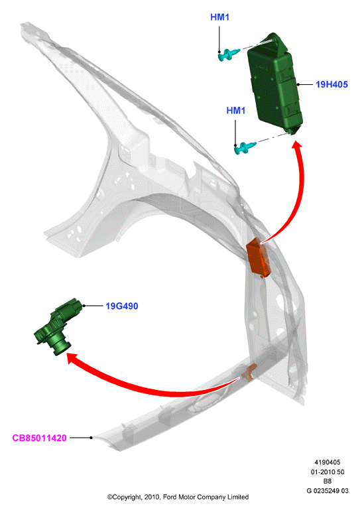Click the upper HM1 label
click(219, 17)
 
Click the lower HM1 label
click(235, 111)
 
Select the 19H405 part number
click(331, 85)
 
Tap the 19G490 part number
click(121, 306)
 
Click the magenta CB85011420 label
click(39, 438)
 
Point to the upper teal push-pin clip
click(229, 54)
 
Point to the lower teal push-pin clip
click(245, 148)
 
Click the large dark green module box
click(274, 83)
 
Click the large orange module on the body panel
click(259, 258)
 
